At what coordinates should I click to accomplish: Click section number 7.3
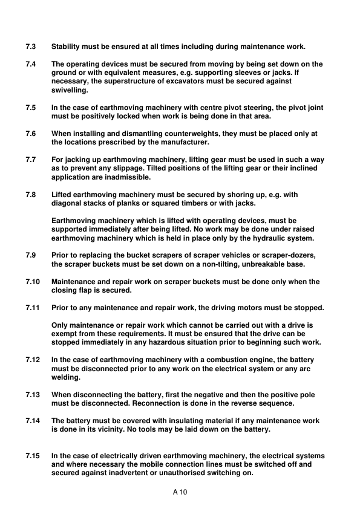[x=31, y=47]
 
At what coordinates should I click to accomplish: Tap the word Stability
[x=67, y=47]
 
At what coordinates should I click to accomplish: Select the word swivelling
[x=70, y=90]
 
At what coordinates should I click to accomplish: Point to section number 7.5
[x=31, y=108]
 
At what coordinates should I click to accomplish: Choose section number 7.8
[x=31, y=195]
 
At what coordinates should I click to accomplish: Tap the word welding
[x=65, y=378]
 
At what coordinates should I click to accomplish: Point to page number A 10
[x=180, y=493]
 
